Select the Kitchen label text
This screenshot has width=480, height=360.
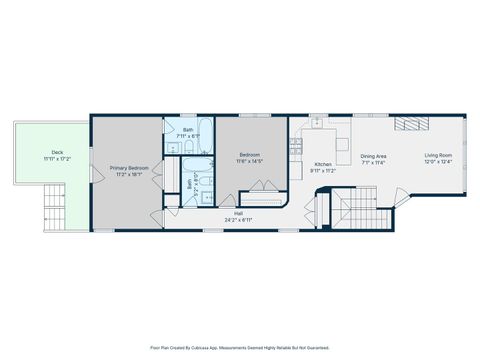point(323,164)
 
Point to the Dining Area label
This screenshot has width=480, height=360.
point(374,155)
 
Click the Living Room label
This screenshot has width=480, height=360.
point(438,155)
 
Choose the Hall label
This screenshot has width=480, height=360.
point(238,213)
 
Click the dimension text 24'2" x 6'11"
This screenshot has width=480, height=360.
point(238,219)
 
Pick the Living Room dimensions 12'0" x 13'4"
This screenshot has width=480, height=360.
point(438,161)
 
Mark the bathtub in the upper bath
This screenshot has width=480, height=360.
point(203,129)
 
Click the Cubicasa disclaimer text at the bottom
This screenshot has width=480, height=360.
point(239,347)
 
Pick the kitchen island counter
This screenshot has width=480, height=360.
point(342,146)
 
